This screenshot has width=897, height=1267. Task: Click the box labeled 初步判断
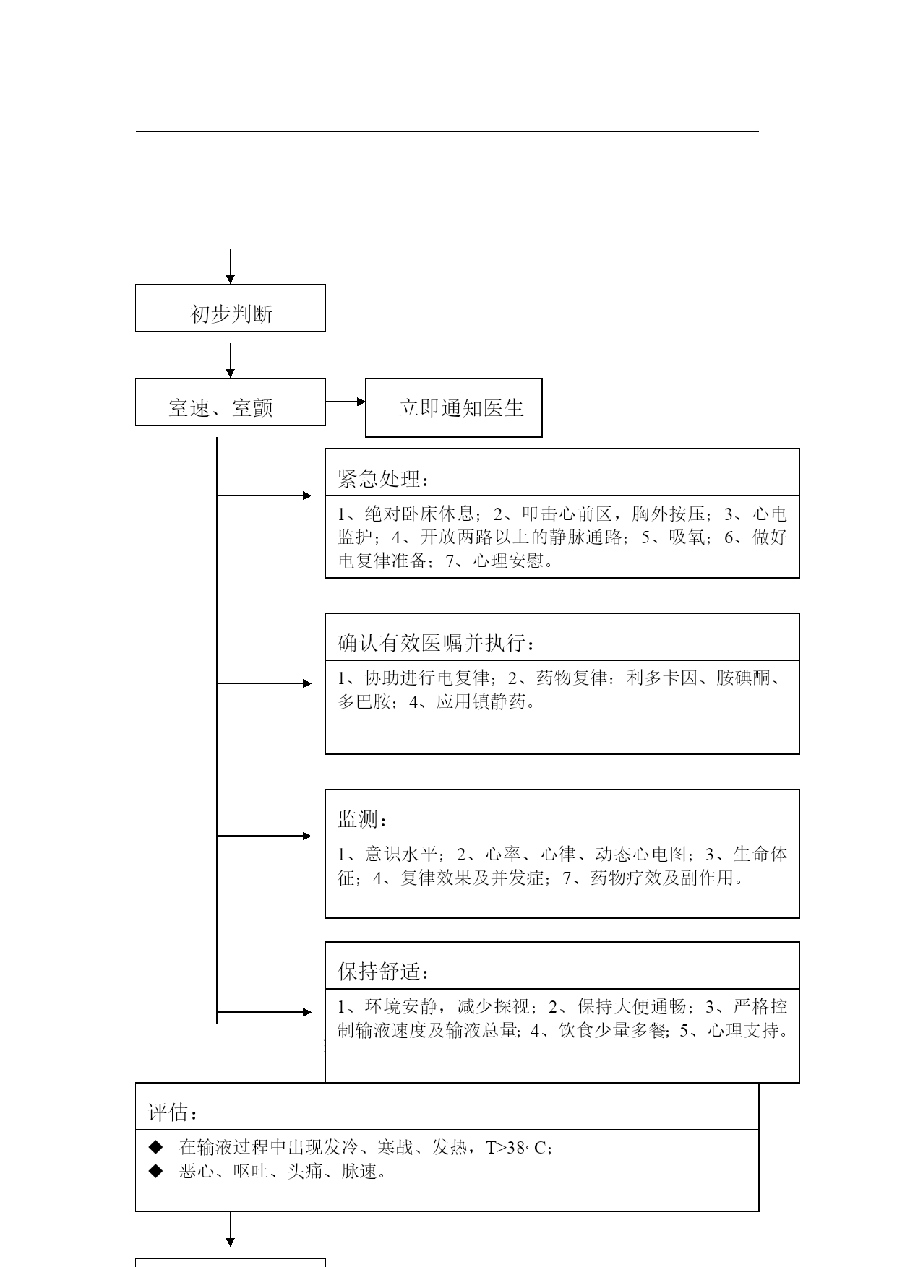tap(231, 308)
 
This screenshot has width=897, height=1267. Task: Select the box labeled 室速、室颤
tap(231, 402)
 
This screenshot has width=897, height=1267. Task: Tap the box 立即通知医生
tap(454, 408)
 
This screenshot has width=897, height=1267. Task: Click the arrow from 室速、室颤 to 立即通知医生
tap(346, 402)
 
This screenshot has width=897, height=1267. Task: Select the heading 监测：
tap(363, 819)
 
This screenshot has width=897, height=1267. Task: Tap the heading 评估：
tap(173, 1112)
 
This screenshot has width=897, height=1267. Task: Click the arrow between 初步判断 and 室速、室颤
tap(231, 360)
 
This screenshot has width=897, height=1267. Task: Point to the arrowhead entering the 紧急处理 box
tap(307, 496)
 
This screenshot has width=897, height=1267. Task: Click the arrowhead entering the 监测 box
tap(307, 836)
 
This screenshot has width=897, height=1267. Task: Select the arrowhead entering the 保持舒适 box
tap(307, 1013)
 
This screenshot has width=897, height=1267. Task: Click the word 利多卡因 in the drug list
tap(662, 678)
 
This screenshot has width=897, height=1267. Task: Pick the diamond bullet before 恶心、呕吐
tap(155, 1171)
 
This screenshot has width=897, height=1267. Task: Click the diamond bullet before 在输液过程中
tap(155, 1147)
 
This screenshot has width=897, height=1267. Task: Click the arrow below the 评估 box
tap(231, 1229)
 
